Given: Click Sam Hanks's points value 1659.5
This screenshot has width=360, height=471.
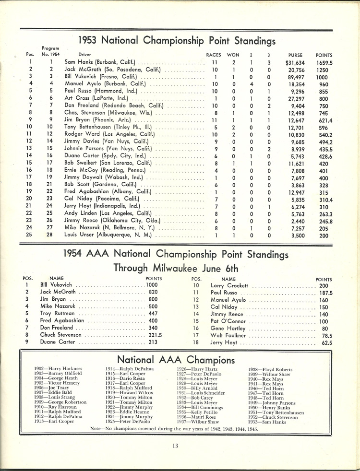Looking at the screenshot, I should pyautogui.click(x=324, y=62).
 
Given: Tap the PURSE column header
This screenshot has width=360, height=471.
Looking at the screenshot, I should pyautogui.click(x=295, y=55).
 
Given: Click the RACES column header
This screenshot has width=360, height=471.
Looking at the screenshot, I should pyautogui.click(x=214, y=55).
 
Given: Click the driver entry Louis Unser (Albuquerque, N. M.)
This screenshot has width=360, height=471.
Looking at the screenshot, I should pyautogui.click(x=108, y=235).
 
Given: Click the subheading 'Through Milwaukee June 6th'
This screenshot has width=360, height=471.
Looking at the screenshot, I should pyautogui.click(x=176, y=268).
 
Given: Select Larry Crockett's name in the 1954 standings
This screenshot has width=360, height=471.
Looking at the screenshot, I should pyautogui.click(x=229, y=285).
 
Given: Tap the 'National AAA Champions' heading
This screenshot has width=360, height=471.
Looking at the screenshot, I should pyautogui.click(x=176, y=359).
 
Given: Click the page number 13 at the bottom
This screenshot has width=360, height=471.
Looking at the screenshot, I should pyautogui.click(x=176, y=446).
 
